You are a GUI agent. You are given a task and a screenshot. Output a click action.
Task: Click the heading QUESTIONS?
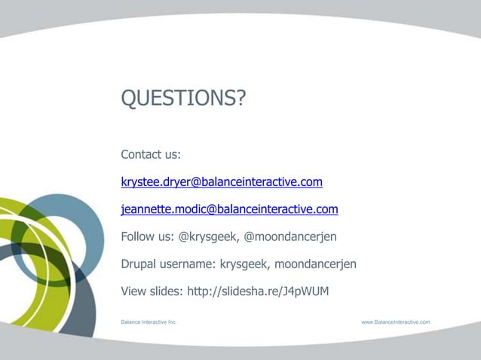(x=183, y=99)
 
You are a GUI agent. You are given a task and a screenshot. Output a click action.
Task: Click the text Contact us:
(x=151, y=154)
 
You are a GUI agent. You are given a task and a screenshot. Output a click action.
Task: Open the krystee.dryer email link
(x=222, y=182)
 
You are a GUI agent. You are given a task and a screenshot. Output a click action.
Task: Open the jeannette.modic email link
(x=229, y=209)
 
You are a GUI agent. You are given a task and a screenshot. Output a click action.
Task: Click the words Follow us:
(x=147, y=236)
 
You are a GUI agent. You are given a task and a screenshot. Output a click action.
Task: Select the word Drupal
(x=139, y=264)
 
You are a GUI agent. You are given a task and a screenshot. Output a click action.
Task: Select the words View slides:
(x=152, y=291)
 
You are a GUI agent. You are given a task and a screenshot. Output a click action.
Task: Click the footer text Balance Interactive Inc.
(x=149, y=322)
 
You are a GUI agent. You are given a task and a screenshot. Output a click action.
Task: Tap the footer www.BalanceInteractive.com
(x=396, y=322)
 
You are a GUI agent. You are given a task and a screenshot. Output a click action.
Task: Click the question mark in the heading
(x=240, y=99)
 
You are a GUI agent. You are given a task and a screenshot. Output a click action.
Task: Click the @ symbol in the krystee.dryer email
(x=192, y=182)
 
